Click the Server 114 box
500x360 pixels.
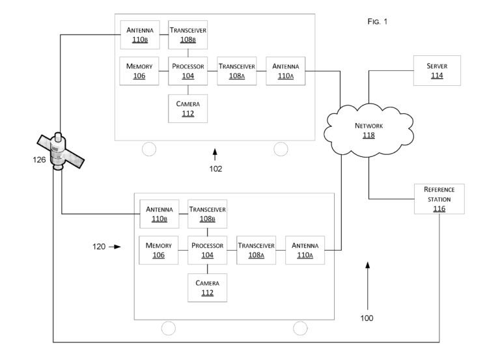pos(437,70)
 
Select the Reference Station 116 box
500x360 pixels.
pos(439,199)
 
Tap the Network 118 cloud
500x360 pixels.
pos(368,130)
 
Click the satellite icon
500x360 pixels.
pos(61,152)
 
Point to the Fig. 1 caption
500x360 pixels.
pos(377,21)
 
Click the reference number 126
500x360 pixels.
pos(39,159)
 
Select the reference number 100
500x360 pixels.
pos(367,318)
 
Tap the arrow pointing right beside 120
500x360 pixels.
pos(115,247)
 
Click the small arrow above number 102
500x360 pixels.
pos(215,154)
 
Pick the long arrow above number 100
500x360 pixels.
pos(368,286)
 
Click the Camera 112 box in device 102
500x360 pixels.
pos(187,109)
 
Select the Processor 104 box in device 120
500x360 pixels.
pos(207,250)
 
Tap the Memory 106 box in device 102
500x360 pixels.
pos(139,71)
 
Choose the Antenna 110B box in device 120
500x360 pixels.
pos(159,214)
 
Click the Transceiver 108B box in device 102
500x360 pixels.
pos(187,35)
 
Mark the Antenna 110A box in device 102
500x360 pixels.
pos(285,71)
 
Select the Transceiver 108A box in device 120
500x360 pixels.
pos(256,250)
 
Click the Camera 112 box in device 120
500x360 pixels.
pos(207,288)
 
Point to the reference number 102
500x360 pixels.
pos(215,169)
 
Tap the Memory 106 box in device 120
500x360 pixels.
pos(158,250)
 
